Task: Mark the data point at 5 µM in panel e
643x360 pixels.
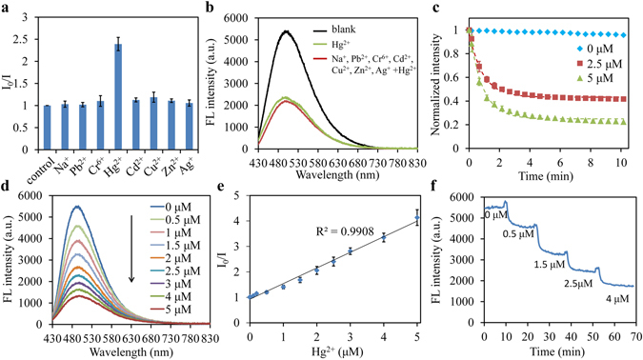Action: click(415, 219)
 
